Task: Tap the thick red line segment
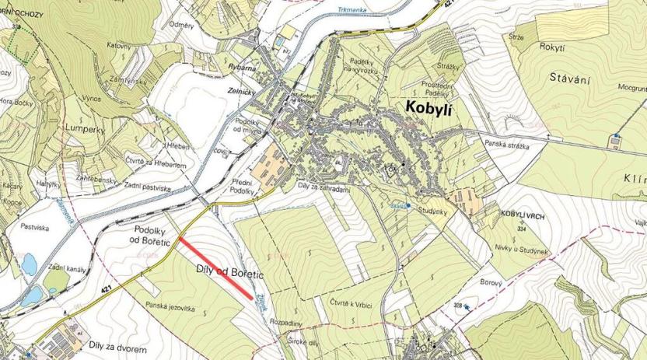pyautogui.click(x=215, y=268)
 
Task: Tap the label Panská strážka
pyautogui.click(x=507, y=145)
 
